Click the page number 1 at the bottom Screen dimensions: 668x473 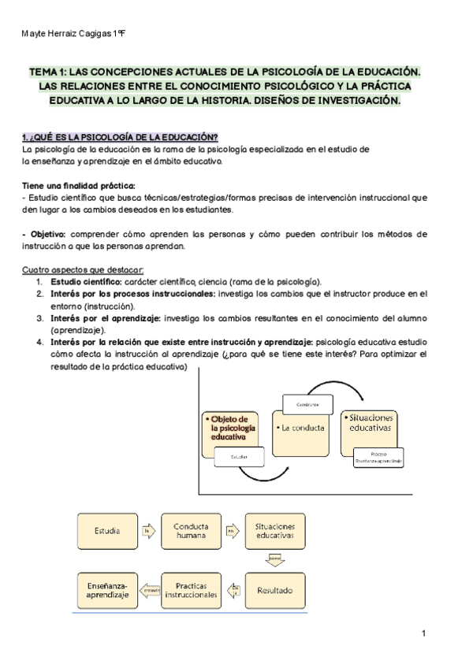click(x=423, y=634)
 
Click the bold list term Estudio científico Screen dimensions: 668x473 click(x=86, y=281)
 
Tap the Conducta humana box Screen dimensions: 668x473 click(x=192, y=531)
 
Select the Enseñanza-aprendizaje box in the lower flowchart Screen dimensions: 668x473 click(x=108, y=590)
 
